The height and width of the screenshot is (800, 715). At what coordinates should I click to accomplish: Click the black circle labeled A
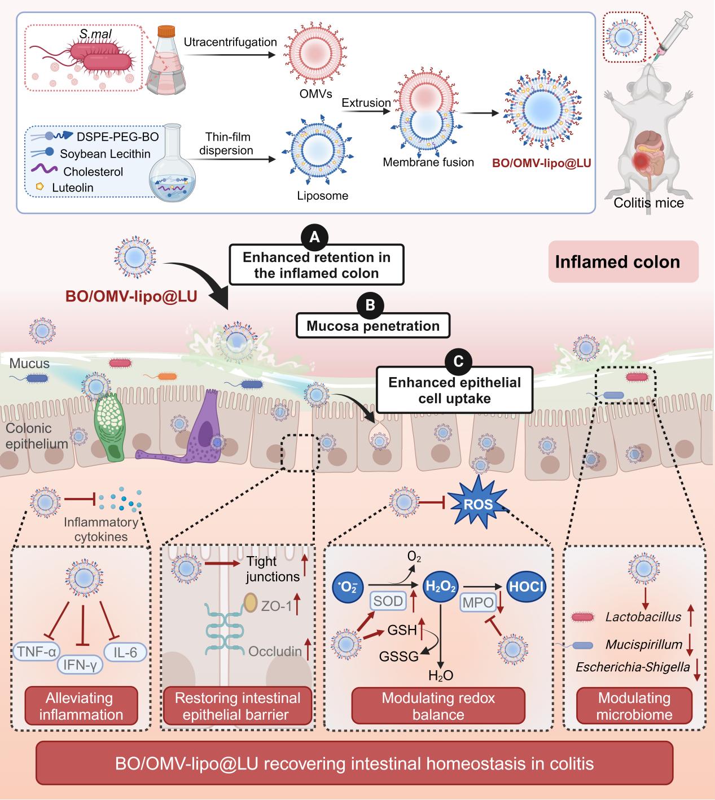click(314, 238)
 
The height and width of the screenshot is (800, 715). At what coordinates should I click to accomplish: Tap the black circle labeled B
click(371, 305)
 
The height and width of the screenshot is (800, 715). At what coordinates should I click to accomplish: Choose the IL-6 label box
click(125, 652)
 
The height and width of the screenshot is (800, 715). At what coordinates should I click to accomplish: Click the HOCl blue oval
click(526, 587)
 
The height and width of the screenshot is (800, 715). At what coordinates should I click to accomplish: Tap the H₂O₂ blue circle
click(441, 587)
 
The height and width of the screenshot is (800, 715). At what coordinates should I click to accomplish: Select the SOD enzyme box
click(388, 601)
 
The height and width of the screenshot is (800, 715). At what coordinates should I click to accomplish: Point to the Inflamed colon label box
click(623, 262)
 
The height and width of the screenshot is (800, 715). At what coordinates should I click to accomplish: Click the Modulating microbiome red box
click(634, 706)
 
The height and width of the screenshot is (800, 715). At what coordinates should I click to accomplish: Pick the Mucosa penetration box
click(372, 326)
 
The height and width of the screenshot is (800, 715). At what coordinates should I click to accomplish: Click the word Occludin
click(275, 651)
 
